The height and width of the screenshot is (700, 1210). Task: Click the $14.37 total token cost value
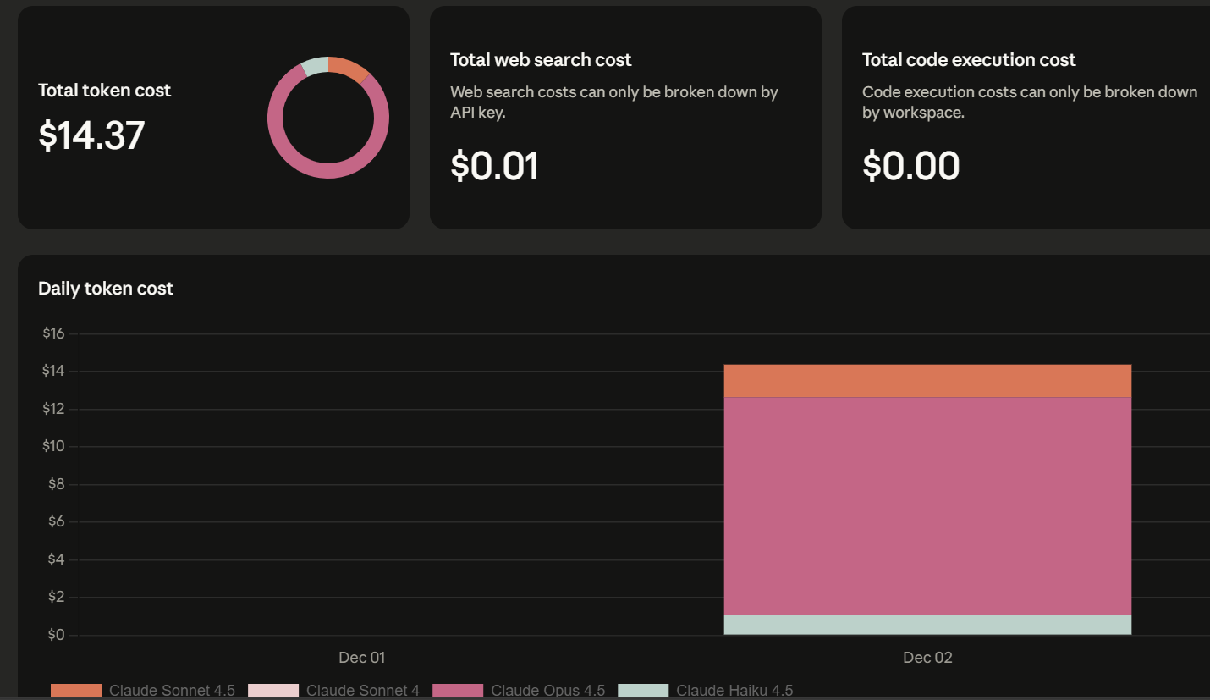coord(91,135)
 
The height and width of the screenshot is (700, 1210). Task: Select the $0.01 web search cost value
coord(494,166)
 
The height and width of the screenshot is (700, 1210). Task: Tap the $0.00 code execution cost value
coord(910,166)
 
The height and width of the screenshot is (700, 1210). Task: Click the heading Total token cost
coord(104,91)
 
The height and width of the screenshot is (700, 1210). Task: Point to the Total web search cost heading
coord(541,60)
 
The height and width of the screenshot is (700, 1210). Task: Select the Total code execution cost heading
coord(968,60)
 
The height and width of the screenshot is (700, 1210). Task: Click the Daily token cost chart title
coord(106,289)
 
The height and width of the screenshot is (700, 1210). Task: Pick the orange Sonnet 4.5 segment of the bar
coord(927,381)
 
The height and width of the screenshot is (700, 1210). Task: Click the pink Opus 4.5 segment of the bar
coord(927,505)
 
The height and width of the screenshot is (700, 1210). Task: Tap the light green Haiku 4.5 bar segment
coord(927,625)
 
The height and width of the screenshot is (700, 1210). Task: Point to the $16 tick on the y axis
coord(53,333)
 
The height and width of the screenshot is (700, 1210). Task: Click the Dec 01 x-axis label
coord(361,658)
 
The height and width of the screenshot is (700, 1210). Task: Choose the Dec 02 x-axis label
coord(927,658)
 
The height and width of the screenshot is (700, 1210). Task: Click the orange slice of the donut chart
coord(347,68)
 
